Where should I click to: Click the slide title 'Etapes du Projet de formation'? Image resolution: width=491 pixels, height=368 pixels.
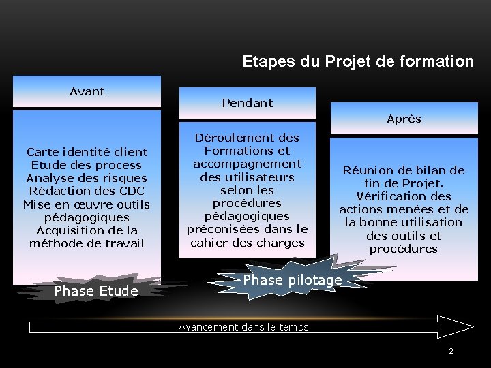[x=358, y=61]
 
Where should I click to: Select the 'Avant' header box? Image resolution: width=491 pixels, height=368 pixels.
[x=87, y=91]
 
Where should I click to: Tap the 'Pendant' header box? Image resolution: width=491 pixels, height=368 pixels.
[x=247, y=103]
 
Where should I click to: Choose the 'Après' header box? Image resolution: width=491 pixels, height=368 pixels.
[x=404, y=119]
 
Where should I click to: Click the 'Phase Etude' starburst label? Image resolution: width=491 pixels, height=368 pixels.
[x=96, y=292]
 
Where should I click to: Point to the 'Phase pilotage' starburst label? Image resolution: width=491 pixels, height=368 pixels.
[x=292, y=280]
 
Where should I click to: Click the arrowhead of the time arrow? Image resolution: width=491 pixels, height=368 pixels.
[x=460, y=326]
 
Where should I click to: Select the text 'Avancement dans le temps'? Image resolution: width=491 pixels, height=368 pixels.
[x=243, y=327]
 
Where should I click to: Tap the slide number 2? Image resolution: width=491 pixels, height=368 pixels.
[x=451, y=351]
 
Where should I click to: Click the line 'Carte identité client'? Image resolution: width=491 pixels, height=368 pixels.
[x=87, y=151]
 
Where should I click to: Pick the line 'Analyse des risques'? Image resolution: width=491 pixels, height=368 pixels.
[x=87, y=178]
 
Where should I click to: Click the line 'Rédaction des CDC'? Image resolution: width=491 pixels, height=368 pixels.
[x=87, y=191]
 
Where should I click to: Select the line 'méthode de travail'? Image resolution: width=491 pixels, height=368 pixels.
[x=87, y=243]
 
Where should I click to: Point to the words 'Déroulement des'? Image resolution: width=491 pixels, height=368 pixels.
[x=247, y=137]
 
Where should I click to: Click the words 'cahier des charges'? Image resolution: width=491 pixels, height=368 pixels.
[x=247, y=243]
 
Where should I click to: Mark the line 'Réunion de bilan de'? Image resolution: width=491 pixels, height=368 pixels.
[x=404, y=170]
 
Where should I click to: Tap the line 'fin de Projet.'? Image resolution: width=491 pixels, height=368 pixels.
[x=404, y=183]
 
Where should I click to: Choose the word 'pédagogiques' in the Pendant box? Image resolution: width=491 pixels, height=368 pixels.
[x=247, y=216]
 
